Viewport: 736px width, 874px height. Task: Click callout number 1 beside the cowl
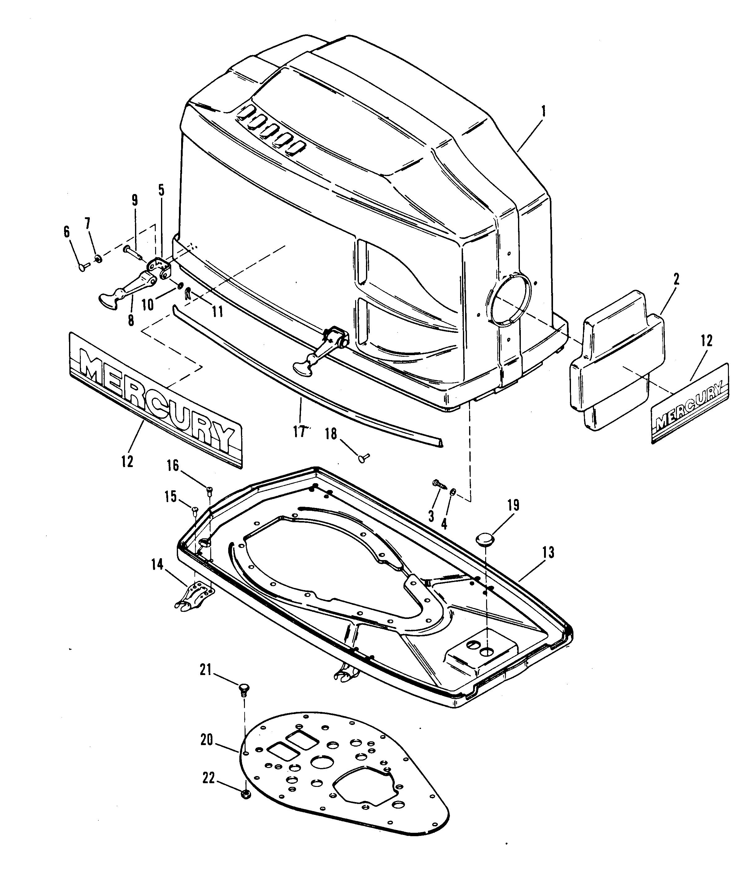click(543, 112)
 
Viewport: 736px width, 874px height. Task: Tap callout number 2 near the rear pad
click(676, 279)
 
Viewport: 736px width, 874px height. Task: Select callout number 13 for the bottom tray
click(549, 553)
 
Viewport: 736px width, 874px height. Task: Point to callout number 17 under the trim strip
click(299, 432)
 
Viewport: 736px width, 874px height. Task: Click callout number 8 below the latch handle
click(131, 320)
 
